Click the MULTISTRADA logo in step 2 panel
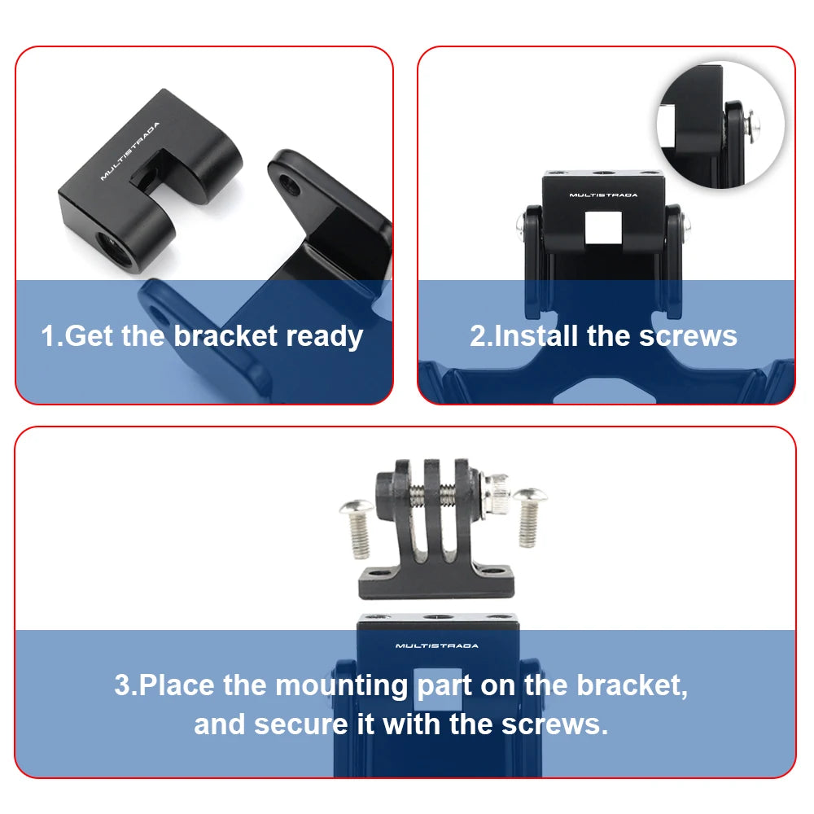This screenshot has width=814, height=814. tap(603, 195)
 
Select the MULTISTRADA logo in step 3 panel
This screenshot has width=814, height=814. tap(437, 646)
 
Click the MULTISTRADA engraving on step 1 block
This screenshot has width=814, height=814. tap(130, 151)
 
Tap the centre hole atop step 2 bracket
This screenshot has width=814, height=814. tap(602, 173)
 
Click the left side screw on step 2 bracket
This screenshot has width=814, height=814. tap(519, 221)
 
